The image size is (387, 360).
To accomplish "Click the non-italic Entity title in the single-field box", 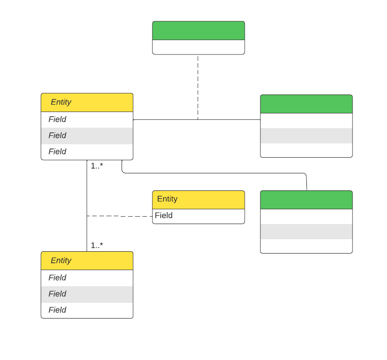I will pos(167,199).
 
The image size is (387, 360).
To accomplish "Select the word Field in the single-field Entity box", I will pos(164,216).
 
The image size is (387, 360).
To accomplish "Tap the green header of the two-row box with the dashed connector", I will pos(198,30).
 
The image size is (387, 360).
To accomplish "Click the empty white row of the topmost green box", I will pos(198,47).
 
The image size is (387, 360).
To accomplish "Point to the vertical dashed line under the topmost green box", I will pos(198,88).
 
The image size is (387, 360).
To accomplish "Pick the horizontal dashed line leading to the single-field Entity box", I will pos(120,216).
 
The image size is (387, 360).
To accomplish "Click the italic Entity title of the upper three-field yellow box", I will pos(61,102).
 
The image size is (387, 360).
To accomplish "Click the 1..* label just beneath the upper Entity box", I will pos(97,166).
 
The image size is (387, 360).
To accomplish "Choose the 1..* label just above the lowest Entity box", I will pos(97,245).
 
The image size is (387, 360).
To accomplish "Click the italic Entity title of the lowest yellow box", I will pos(61,260).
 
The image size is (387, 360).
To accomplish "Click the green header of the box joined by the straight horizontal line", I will pos(306,104).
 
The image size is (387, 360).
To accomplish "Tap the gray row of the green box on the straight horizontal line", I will pos(306,136).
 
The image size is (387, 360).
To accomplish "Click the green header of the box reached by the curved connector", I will pos(306,200).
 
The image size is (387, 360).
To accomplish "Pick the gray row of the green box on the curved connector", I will pos(306,231).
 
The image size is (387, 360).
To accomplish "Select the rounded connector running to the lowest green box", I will pos(212,173).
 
